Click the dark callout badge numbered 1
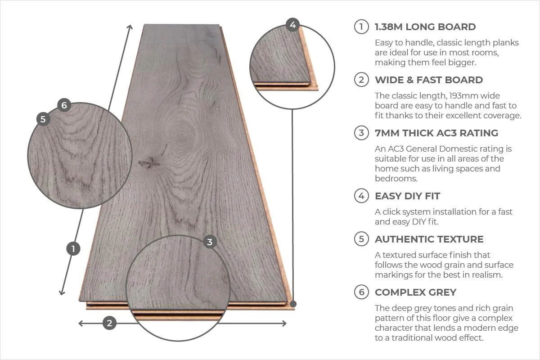73,248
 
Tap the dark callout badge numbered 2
109,323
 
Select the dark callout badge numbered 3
209,242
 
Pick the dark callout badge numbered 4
293,25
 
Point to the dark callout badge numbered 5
43,119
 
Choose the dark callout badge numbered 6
64,105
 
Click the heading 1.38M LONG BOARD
425,27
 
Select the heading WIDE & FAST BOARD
428,80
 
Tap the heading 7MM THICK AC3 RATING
436,133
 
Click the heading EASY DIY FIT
407,196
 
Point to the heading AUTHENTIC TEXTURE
429,239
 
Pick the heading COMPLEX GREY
415,292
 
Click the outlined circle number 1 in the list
361,27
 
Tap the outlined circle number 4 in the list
361,196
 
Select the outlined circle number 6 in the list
361,292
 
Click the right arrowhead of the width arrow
284,323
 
